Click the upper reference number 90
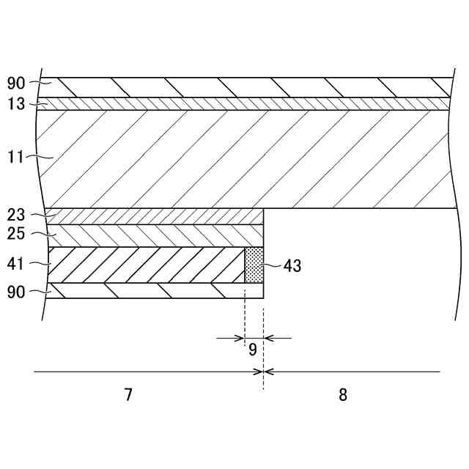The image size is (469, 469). click(16, 83)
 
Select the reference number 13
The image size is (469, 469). click(16, 104)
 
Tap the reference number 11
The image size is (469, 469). click(16, 157)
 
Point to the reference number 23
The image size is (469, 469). click(16, 215)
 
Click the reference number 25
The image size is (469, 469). click(16, 235)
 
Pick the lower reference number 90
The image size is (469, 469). click(16, 292)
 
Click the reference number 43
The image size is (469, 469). click(292, 266)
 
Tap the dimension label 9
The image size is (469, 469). click(252, 350)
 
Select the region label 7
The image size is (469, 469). click(128, 395)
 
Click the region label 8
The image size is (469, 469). click(343, 395)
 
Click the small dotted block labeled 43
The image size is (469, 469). click(254, 265)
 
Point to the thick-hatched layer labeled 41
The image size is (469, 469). click(147, 265)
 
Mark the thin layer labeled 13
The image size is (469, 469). click(242, 103)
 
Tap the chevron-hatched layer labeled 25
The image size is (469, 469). click(154, 235)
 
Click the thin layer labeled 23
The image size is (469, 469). click(154, 216)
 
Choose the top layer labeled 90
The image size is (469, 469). click(242, 87)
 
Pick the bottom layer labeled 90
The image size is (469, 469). click(154, 291)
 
